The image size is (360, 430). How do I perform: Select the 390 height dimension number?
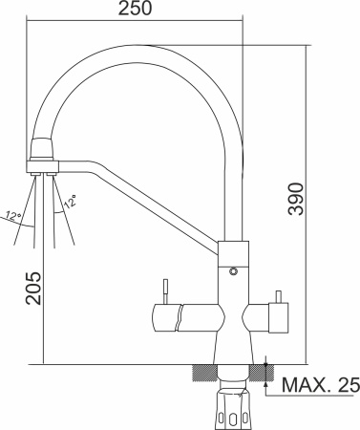(x=297, y=198)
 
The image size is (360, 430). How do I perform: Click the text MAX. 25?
(x=320, y=386)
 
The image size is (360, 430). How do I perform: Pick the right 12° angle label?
(x=71, y=200)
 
